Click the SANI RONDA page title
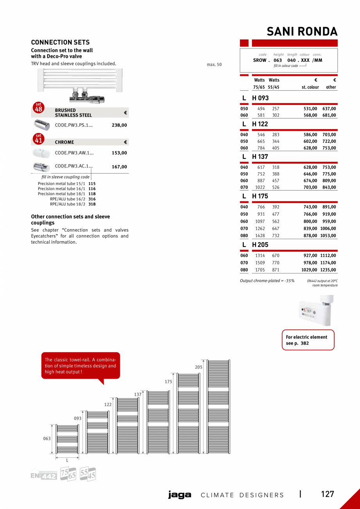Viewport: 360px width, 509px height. (x=302, y=31)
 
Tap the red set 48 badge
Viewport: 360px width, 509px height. (x=38, y=108)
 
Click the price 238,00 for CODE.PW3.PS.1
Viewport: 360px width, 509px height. (x=119, y=125)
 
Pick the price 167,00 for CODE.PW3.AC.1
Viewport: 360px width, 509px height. (x=119, y=167)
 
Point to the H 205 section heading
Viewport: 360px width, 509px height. (x=260, y=245)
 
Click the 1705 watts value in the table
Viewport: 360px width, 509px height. (x=260, y=270)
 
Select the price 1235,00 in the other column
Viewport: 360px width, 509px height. (x=328, y=270)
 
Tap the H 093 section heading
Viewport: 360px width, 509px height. (x=260, y=98)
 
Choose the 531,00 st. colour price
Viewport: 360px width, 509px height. (x=310, y=109)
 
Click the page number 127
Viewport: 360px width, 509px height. (x=328, y=494)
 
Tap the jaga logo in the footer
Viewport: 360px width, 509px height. (x=180, y=495)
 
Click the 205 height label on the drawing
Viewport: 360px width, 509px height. (x=199, y=367)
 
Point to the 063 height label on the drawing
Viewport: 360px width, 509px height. (x=47, y=439)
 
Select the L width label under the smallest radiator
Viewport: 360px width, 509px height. (x=67, y=460)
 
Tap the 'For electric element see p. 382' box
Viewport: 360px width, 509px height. (x=308, y=340)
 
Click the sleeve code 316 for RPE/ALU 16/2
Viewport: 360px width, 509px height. (x=92, y=199)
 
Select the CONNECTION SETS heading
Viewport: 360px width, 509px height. (x=60, y=42)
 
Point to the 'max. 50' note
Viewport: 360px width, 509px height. (x=214, y=65)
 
